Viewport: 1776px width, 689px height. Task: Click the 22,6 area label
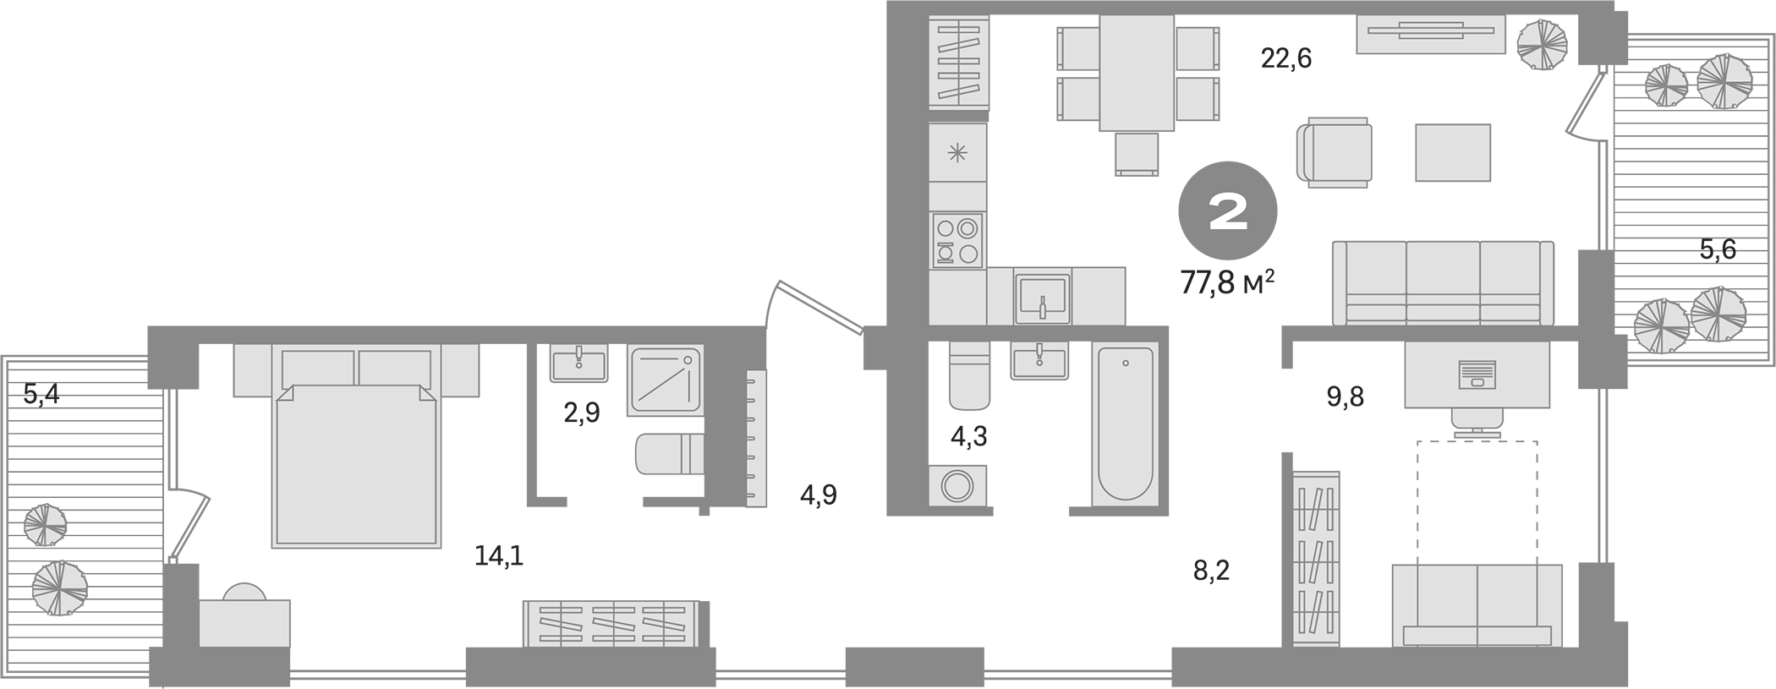click(x=1286, y=58)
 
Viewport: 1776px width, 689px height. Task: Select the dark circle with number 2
click(x=1228, y=211)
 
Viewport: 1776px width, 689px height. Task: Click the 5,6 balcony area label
click(x=1718, y=249)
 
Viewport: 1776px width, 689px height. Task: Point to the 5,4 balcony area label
click(x=41, y=394)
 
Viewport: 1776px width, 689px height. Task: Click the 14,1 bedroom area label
click(x=498, y=555)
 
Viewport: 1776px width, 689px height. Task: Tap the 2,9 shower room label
click(x=582, y=413)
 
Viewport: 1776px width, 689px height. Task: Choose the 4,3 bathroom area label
click(x=969, y=436)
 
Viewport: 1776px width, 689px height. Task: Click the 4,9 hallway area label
click(x=819, y=495)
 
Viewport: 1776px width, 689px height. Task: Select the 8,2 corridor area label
click(x=1211, y=571)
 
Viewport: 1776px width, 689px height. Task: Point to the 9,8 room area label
click(x=1345, y=396)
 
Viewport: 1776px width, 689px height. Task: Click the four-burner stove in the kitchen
click(x=957, y=240)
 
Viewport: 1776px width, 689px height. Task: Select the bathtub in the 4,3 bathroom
click(x=1124, y=423)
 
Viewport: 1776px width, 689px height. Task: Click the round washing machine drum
click(x=959, y=486)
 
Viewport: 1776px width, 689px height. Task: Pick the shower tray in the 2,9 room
click(x=665, y=380)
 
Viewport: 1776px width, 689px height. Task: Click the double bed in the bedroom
click(x=357, y=461)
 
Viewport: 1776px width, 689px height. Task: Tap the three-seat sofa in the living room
click(x=1443, y=283)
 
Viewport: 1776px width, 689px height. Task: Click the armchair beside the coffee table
click(x=1335, y=152)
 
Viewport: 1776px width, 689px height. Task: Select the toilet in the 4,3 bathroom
click(x=968, y=376)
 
